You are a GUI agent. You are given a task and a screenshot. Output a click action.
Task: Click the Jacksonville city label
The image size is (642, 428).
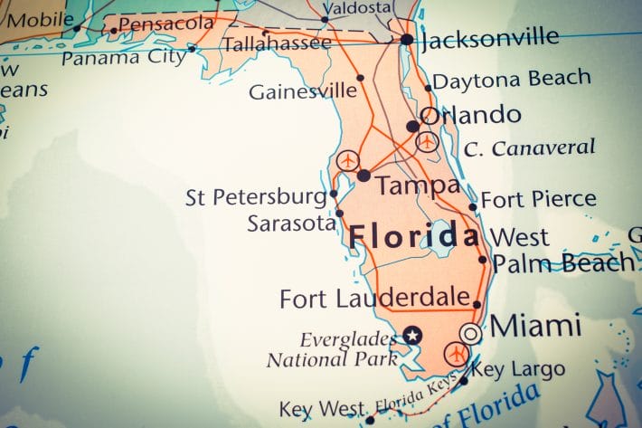[490, 38]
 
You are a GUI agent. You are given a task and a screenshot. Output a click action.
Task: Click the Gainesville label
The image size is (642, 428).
[303, 91]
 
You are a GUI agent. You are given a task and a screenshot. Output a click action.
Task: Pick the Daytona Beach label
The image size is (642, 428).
[512, 80]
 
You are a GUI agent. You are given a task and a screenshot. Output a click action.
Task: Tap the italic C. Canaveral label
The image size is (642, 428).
[530, 147]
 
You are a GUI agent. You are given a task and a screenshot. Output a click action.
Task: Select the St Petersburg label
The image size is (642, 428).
[256, 197]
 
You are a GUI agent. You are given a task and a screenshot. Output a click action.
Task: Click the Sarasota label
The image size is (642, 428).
[291, 224]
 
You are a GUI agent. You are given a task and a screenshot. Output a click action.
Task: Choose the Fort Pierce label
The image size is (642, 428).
[538, 199]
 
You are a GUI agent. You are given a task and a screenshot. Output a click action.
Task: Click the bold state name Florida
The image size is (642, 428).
[413, 237]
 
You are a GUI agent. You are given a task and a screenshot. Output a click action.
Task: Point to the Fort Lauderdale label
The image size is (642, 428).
[374, 298]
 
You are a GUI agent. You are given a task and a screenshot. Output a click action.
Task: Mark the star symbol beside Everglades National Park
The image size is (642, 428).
[413, 335]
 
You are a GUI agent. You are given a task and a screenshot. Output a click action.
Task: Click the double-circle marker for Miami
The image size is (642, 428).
[470, 333]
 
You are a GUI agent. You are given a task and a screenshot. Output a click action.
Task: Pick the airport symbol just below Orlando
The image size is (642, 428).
[427, 141]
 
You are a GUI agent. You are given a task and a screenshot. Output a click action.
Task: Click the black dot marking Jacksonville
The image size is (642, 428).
[407, 39]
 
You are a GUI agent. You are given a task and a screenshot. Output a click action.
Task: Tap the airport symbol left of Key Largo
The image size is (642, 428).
[456, 355]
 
